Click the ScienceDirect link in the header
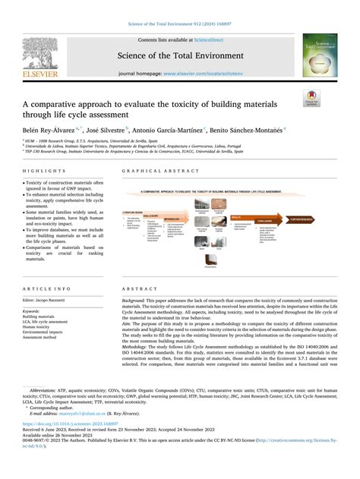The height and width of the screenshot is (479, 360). tap(205, 39)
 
